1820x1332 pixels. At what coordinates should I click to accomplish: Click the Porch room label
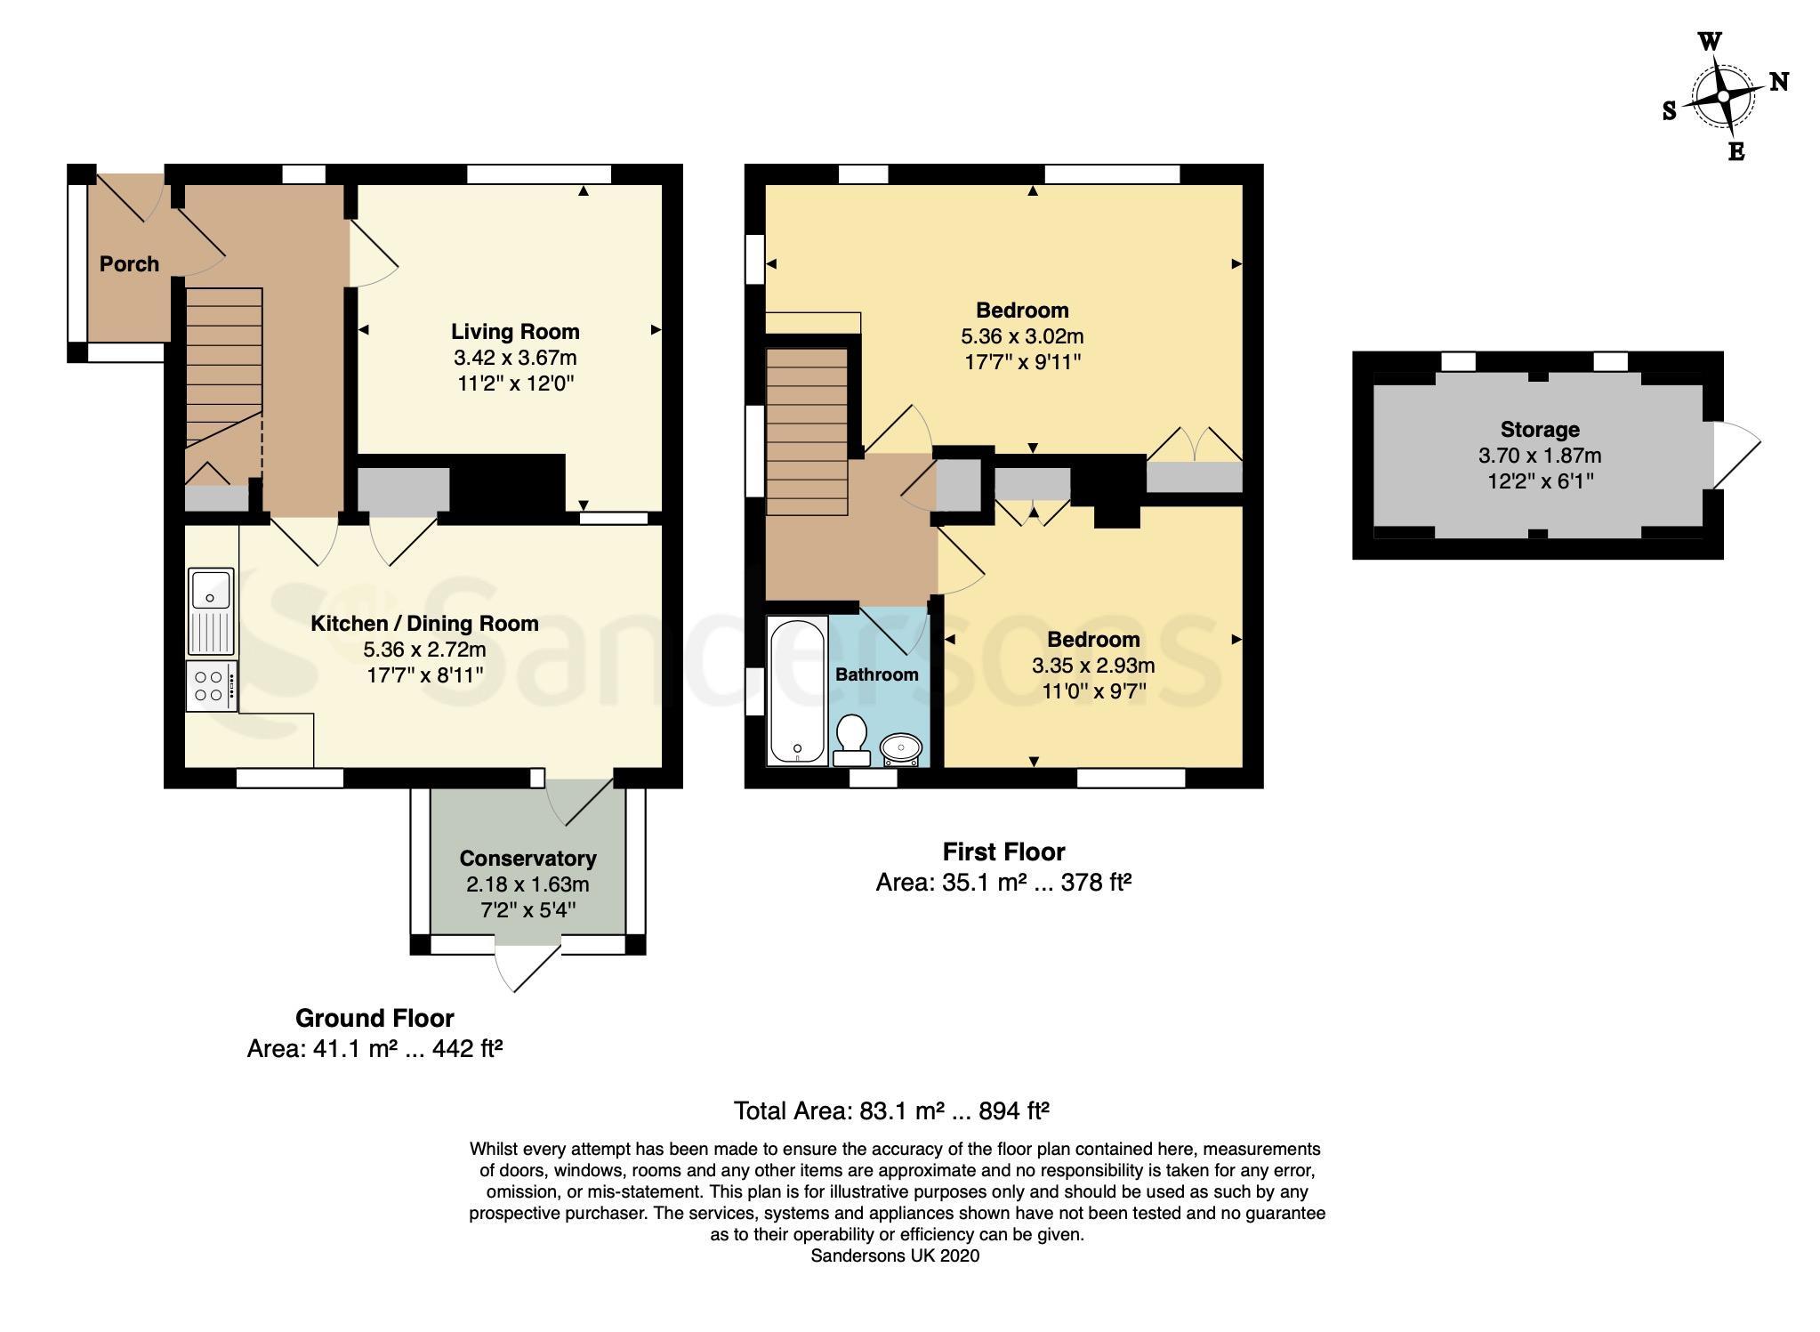pos(129,264)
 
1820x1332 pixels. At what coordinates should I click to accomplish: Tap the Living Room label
pos(515,332)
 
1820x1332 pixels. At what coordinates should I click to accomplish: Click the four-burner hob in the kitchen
pos(212,686)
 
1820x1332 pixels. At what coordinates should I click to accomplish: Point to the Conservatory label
pos(527,859)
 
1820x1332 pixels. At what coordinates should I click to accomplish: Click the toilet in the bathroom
pos(851,740)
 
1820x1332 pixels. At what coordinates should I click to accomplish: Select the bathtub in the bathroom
pos(797,690)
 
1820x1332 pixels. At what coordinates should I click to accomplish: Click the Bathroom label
pos(876,674)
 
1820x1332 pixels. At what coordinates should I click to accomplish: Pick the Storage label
pos(1540,430)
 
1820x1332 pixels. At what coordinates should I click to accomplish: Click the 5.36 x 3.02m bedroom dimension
pos(1022,336)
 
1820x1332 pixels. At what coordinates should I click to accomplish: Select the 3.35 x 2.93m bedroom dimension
pos(1093,666)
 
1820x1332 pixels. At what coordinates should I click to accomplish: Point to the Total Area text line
pos(891,1111)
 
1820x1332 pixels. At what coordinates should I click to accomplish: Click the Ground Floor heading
pos(374,1018)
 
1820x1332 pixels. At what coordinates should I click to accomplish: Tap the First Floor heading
pos(1003,852)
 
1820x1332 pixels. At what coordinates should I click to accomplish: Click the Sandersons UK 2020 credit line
pos(895,1255)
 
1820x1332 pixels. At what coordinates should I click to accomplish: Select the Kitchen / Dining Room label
pos(424,624)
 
